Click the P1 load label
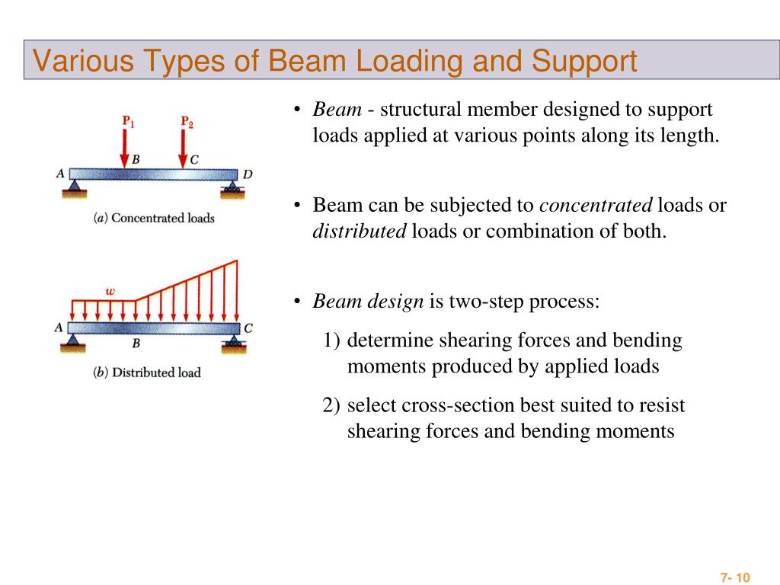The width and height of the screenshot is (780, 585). click(x=129, y=120)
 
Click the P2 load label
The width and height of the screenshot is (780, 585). click(x=187, y=120)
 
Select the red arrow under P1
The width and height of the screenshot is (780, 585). click(x=125, y=147)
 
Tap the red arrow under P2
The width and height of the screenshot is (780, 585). click(x=183, y=147)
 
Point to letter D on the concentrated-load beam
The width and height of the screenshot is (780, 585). click(x=248, y=174)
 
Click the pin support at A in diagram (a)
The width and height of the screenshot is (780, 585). click(x=74, y=187)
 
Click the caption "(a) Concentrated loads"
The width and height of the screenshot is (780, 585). click(x=154, y=218)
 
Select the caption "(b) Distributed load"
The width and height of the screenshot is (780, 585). click(x=147, y=372)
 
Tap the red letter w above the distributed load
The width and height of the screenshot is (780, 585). click(x=110, y=290)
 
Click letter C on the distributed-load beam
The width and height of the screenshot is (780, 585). click(x=248, y=328)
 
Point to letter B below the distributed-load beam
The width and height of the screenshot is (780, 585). click(x=136, y=344)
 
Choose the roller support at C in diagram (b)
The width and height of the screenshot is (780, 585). click(x=233, y=344)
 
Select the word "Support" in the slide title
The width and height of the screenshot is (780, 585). click(x=584, y=61)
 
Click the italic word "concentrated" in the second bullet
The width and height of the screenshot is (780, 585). click(x=596, y=205)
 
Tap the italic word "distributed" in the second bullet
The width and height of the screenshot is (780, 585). click(x=360, y=231)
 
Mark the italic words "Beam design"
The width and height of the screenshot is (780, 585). click(x=368, y=301)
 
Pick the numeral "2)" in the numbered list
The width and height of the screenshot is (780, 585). click(x=331, y=405)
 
